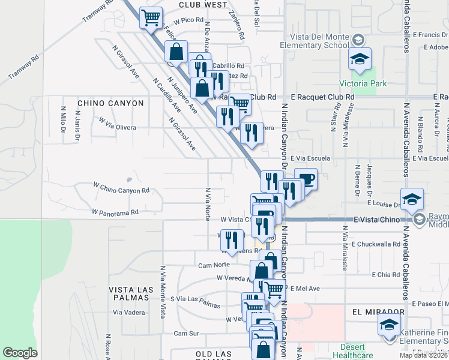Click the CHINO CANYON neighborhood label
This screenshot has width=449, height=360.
tap(110, 103)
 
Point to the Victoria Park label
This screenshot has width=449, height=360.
tap(363, 83)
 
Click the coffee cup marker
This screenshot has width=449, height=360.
tap(306, 179)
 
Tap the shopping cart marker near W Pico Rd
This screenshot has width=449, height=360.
tap(151, 17)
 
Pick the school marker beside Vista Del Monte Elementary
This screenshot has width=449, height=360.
tap(360, 58)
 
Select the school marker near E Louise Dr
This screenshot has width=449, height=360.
tap(412, 199)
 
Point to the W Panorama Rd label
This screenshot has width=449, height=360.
tap(115, 212)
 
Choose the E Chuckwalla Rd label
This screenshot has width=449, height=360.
tap(376, 244)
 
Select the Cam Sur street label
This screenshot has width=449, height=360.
tap(185, 333)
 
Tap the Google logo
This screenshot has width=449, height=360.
tap(20, 352)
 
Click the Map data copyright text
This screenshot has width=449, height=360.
tap(424, 355)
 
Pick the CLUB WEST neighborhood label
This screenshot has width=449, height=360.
tap(203, 4)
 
